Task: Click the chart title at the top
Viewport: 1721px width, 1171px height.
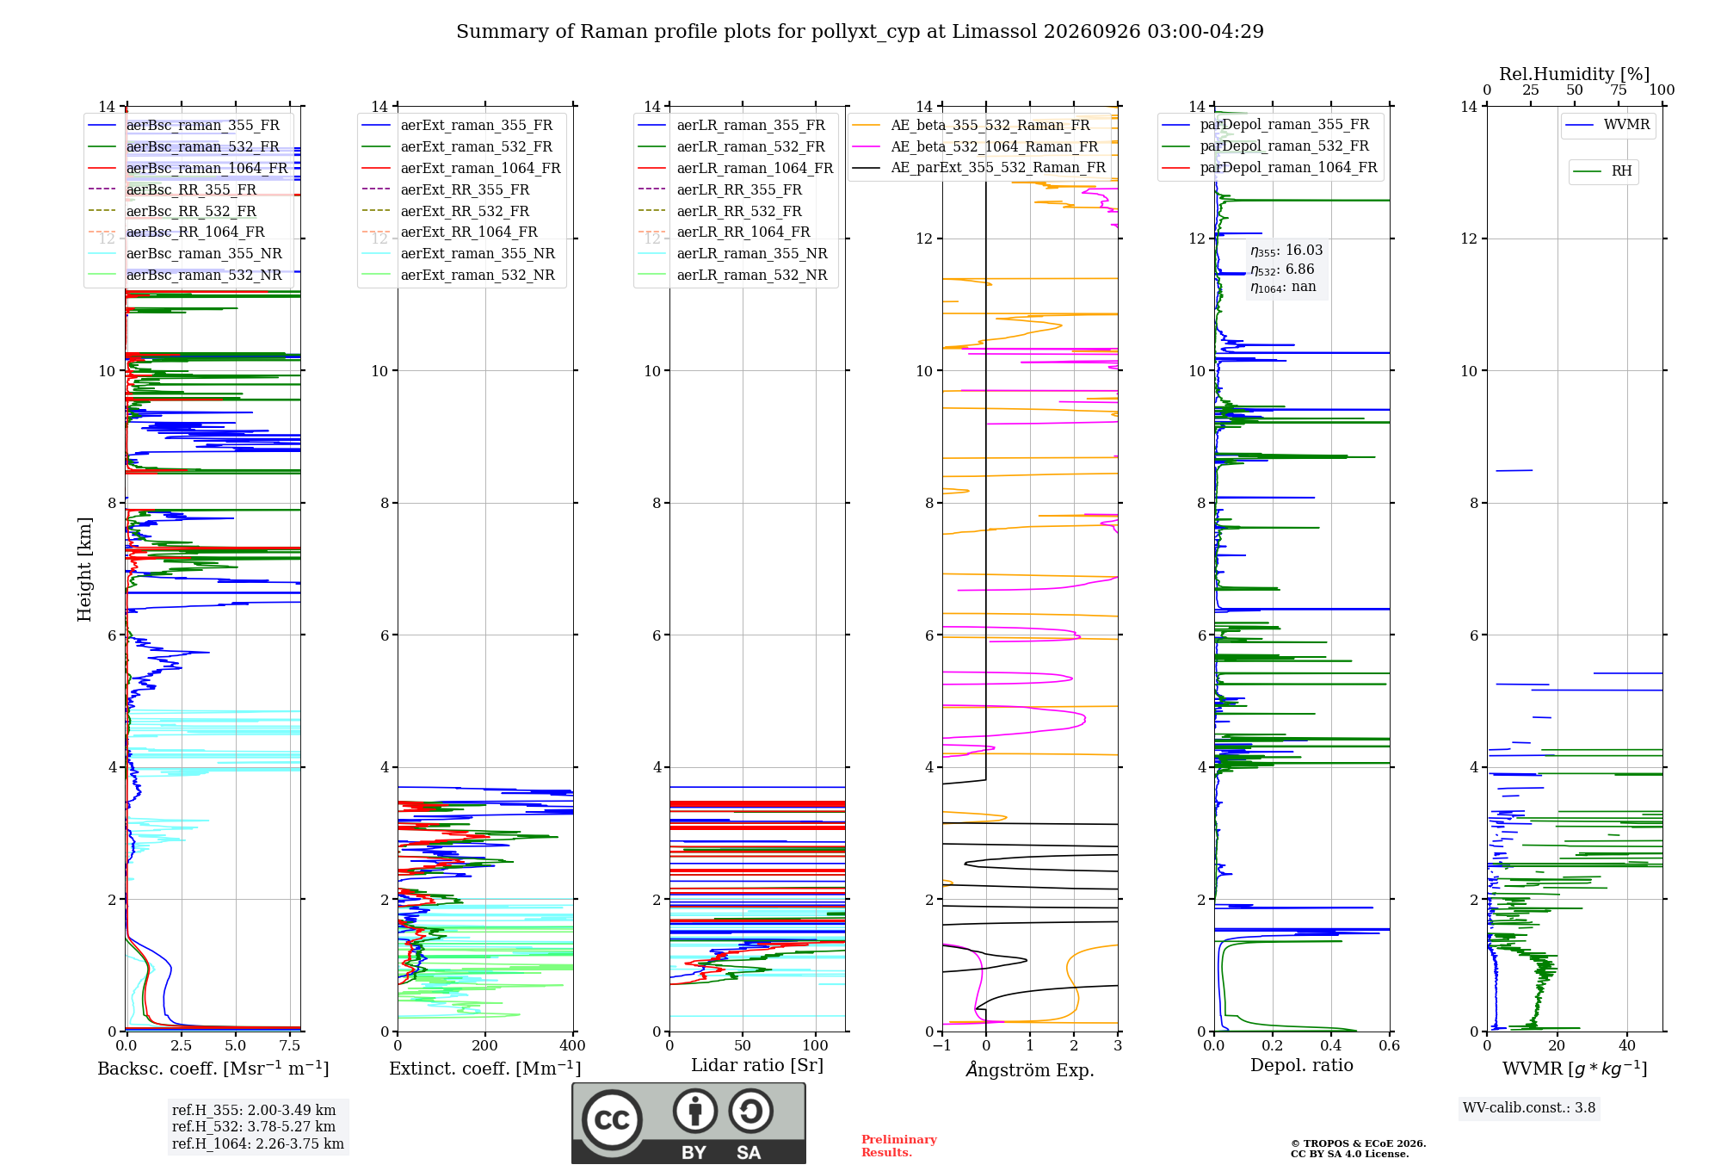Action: coord(860,32)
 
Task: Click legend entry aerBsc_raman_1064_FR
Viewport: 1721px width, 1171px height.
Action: coord(207,168)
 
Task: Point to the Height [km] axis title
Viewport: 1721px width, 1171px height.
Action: coord(84,569)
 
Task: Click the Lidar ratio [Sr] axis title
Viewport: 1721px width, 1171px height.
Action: coord(757,1065)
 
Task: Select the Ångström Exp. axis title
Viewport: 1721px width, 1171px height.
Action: coord(1030,1069)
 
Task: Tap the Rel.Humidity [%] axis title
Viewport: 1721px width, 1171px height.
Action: coord(1575,74)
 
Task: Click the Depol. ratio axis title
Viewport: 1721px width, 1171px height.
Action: coord(1302,1065)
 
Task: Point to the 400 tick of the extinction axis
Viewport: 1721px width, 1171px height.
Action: coord(572,1045)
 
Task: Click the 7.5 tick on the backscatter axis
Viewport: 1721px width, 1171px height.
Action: coord(290,1045)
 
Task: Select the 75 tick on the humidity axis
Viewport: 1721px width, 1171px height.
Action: coord(1619,90)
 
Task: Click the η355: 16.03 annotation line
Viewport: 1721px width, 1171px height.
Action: coord(1286,251)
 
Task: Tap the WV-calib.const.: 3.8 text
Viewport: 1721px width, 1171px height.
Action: coord(1529,1107)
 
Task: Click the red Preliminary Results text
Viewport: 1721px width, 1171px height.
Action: coord(899,1146)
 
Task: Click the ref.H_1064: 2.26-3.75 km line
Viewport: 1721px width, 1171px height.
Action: coord(258,1143)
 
